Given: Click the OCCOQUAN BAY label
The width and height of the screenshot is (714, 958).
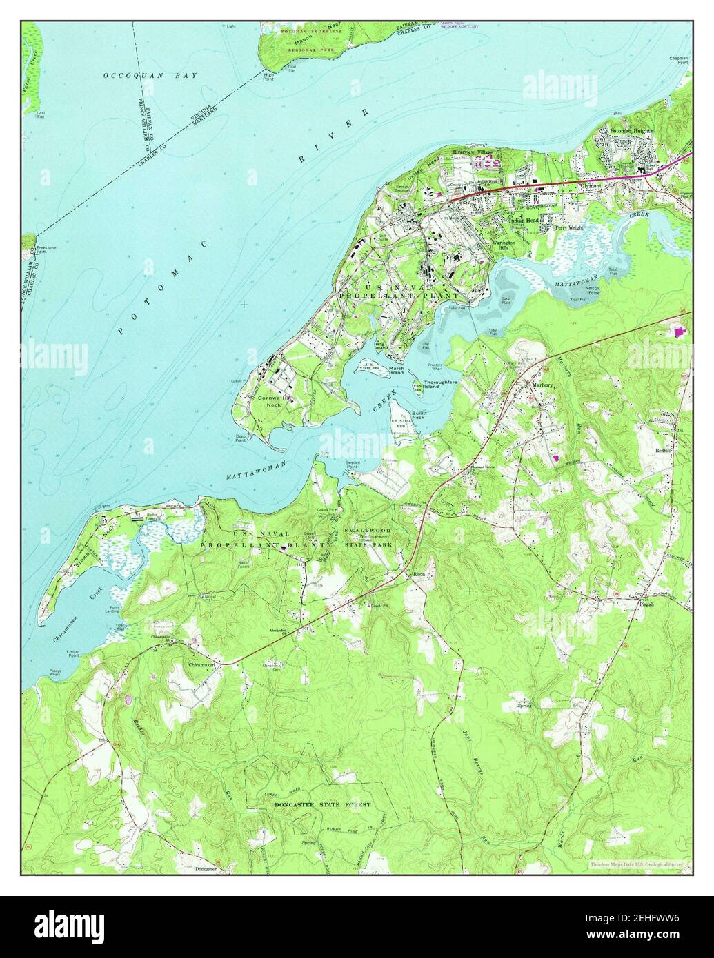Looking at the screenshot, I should [x=150, y=75].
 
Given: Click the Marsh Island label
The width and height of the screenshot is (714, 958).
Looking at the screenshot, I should [x=395, y=371].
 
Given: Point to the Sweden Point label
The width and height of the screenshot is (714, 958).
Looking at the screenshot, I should [x=353, y=465].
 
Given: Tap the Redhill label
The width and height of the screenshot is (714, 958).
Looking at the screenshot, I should [x=664, y=451].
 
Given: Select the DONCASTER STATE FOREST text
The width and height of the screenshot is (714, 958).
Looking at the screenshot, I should [x=323, y=804].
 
